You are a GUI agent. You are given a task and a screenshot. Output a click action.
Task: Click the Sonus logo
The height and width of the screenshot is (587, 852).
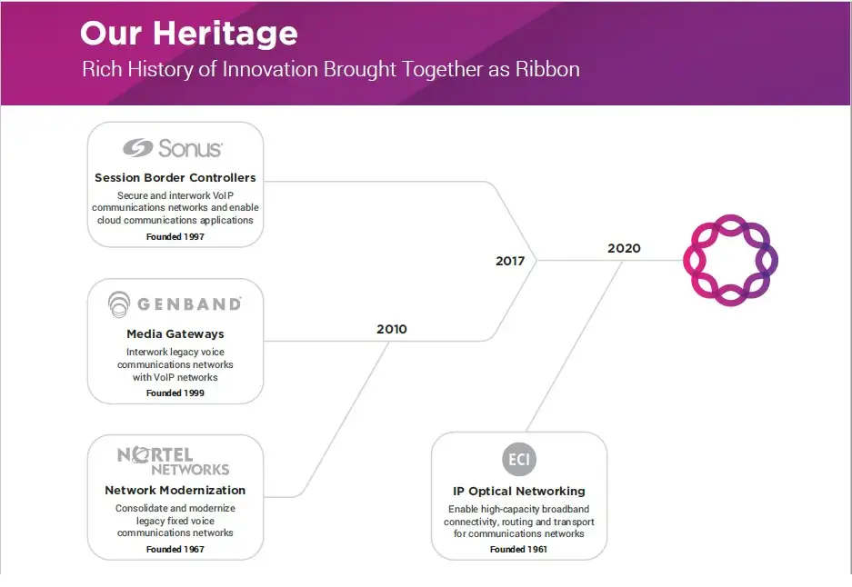tap(173, 148)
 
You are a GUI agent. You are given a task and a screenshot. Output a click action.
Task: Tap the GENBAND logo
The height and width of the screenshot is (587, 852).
tap(175, 304)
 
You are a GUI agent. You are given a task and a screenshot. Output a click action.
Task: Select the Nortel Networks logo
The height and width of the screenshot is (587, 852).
tap(174, 462)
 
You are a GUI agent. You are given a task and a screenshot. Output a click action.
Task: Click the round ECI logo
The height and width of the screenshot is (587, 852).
tap(519, 460)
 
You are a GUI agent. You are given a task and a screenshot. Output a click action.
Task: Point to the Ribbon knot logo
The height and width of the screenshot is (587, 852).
tap(730, 260)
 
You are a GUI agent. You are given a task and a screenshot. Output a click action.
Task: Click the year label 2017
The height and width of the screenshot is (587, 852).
tap(510, 261)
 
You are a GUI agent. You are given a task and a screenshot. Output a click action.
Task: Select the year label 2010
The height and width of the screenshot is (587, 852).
tap(392, 329)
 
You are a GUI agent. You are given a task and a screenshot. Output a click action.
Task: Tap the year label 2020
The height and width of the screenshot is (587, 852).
tap(624, 248)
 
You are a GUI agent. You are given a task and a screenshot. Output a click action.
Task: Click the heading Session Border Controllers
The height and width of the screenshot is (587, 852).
tap(175, 177)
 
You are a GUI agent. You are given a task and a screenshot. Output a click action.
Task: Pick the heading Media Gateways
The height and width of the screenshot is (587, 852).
tap(175, 334)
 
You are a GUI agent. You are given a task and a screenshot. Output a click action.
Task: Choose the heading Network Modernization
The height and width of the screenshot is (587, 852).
tap(175, 491)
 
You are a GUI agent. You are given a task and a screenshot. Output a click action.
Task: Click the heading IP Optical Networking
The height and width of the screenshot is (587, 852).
tap(519, 492)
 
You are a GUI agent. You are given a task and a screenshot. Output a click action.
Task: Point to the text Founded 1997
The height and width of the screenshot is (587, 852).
tap(175, 237)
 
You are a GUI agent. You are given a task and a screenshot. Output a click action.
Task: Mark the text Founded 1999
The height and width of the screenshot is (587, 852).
tap(175, 393)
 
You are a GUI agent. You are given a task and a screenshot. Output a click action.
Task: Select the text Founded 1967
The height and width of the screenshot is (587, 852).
tap(175, 550)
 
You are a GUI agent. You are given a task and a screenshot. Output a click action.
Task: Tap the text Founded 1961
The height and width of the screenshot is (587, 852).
tap(518, 550)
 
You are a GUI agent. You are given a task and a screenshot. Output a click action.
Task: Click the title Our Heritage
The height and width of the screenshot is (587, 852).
tap(189, 34)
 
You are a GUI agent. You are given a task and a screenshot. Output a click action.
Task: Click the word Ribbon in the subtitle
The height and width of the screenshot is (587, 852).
tap(547, 69)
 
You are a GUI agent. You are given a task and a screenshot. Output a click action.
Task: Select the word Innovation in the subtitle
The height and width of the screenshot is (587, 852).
tap(271, 69)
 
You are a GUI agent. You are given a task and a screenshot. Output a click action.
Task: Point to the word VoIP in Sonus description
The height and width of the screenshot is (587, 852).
tap(223, 195)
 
